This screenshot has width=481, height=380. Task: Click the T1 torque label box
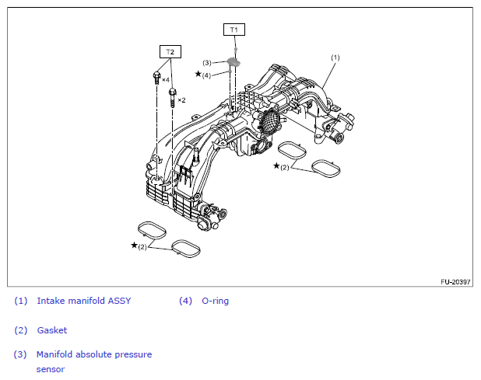click(234, 30)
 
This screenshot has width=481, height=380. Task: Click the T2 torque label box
click(170, 51)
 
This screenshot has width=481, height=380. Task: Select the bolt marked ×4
click(156, 78)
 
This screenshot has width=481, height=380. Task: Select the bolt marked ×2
click(173, 97)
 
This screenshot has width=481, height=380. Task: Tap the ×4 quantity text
click(166, 80)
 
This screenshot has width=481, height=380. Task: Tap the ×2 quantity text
click(181, 100)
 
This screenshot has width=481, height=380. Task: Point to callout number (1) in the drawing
click(335, 58)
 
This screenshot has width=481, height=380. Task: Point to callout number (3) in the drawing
click(207, 63)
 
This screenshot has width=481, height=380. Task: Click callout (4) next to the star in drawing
click(206, 75)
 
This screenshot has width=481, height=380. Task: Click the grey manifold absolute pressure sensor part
click(233, 62)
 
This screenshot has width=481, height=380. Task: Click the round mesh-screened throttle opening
click(270, 121)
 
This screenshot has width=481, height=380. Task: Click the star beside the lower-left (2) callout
click(134, 245)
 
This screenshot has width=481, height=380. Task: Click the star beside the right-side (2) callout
click(276, 166)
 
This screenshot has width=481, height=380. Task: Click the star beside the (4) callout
click(198, 74)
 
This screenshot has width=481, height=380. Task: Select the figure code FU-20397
click(455, 282)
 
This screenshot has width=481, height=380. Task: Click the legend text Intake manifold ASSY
click(84, 301)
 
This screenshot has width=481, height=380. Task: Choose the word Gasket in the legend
click(52, 330)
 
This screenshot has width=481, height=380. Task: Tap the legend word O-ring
click(215, 301)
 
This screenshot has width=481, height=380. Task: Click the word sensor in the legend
click(51, 369)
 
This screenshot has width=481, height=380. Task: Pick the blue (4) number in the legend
click(185, 301)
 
